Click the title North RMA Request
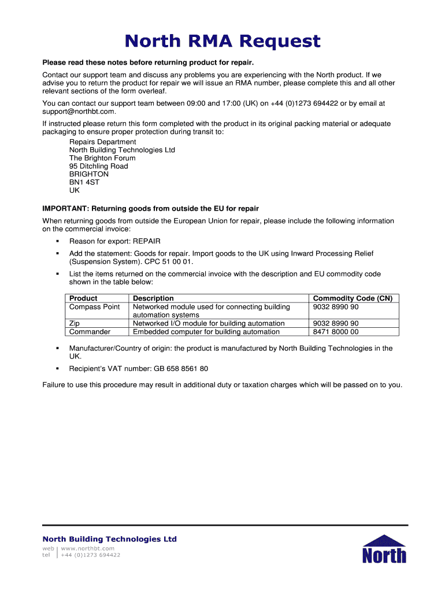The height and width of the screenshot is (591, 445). (222, 42)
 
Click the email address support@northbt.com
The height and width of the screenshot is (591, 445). (79, 111)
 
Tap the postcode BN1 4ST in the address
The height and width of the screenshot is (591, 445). (84, 182)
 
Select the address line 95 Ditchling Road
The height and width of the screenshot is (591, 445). (99, 166)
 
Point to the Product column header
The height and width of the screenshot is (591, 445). (83, 298)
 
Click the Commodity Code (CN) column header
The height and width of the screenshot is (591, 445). (353, 298)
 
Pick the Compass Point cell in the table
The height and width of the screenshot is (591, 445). (95, 306)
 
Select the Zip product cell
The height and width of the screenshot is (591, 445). (75, 323)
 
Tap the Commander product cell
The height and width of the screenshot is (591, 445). (90, 332)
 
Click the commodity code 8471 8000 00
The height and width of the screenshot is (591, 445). (336, 332)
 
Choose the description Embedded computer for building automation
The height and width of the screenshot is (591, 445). (206, 332)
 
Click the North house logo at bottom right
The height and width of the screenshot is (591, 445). (384, 549)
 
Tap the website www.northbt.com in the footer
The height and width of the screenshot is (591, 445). (88, 548)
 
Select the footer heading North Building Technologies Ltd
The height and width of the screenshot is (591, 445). (110, 539)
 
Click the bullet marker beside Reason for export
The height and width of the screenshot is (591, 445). (58, 241)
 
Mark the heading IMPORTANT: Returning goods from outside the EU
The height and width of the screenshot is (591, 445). (150, 208)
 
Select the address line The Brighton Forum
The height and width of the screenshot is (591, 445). (102, 158)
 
